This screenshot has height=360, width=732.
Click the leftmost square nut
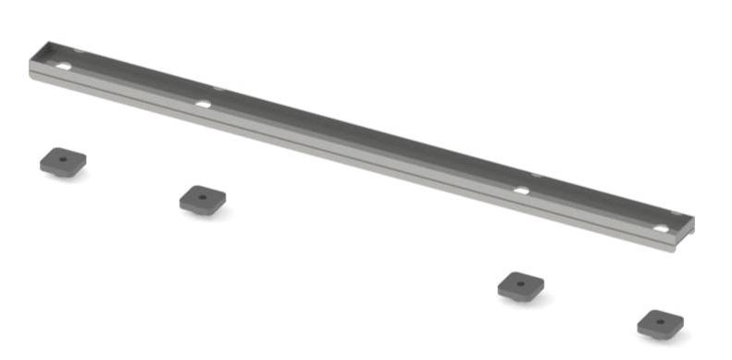coord(63,163)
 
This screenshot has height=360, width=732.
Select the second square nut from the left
coord(203,199)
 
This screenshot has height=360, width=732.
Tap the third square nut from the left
coord(520,285)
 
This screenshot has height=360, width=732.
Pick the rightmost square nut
coord(661,323)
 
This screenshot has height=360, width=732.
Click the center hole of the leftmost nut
coord(62,159)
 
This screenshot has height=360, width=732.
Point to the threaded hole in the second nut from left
coord(202,195)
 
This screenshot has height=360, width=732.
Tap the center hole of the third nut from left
coord(520,281)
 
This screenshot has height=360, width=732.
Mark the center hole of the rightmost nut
coord(661,319)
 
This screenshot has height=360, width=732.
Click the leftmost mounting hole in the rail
coord(64,68)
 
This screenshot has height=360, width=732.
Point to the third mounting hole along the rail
coord(522,191)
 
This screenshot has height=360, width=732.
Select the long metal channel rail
coord(361,139)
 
